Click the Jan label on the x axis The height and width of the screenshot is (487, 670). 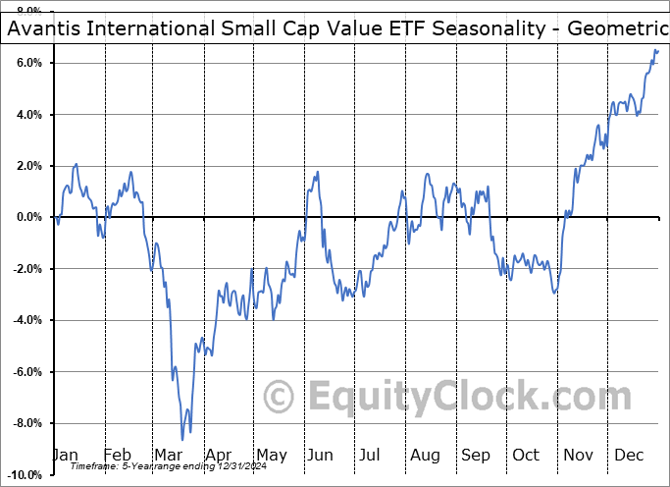(x=66, y=455)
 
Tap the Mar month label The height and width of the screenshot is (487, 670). (x=168, y=455)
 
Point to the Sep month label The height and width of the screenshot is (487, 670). (x=476, y=455)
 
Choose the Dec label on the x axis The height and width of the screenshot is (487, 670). (x=629, y=455)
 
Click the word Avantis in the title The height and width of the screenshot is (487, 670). (x=43, y=29)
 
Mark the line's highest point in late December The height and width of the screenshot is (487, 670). (x=655, y=49)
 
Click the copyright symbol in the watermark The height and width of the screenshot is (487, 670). (x=280, y=398)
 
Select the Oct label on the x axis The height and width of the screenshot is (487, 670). (x=526, y=455)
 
